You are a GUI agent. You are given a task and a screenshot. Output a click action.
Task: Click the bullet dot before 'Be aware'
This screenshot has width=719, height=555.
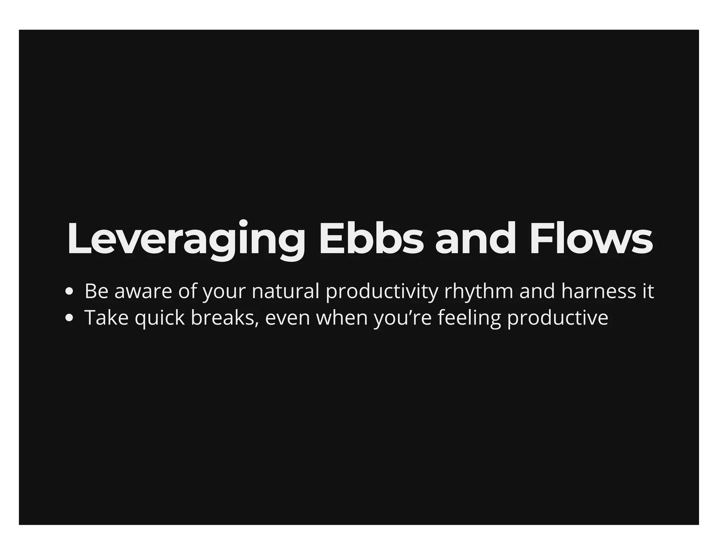[x=69, y=292]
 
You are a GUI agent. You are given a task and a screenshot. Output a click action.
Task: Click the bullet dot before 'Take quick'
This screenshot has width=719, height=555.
[x=69, y=318]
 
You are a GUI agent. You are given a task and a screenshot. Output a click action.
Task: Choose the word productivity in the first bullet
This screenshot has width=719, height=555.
[x=382, y=292]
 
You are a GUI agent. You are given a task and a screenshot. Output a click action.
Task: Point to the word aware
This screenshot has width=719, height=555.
[x=143, y=292]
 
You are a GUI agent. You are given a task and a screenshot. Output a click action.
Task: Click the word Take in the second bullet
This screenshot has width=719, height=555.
[x=106, y=318]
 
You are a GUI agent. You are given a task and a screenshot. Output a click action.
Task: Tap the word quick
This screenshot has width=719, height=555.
[x=160, y=318]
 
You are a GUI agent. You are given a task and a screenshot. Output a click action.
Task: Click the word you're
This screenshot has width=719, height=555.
[x=402, y=318]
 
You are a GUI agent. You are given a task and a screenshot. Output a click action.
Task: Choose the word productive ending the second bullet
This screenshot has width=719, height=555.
[x=558, y=318]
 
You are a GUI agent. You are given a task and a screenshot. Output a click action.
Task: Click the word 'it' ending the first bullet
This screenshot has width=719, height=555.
[x=648, y=292]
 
